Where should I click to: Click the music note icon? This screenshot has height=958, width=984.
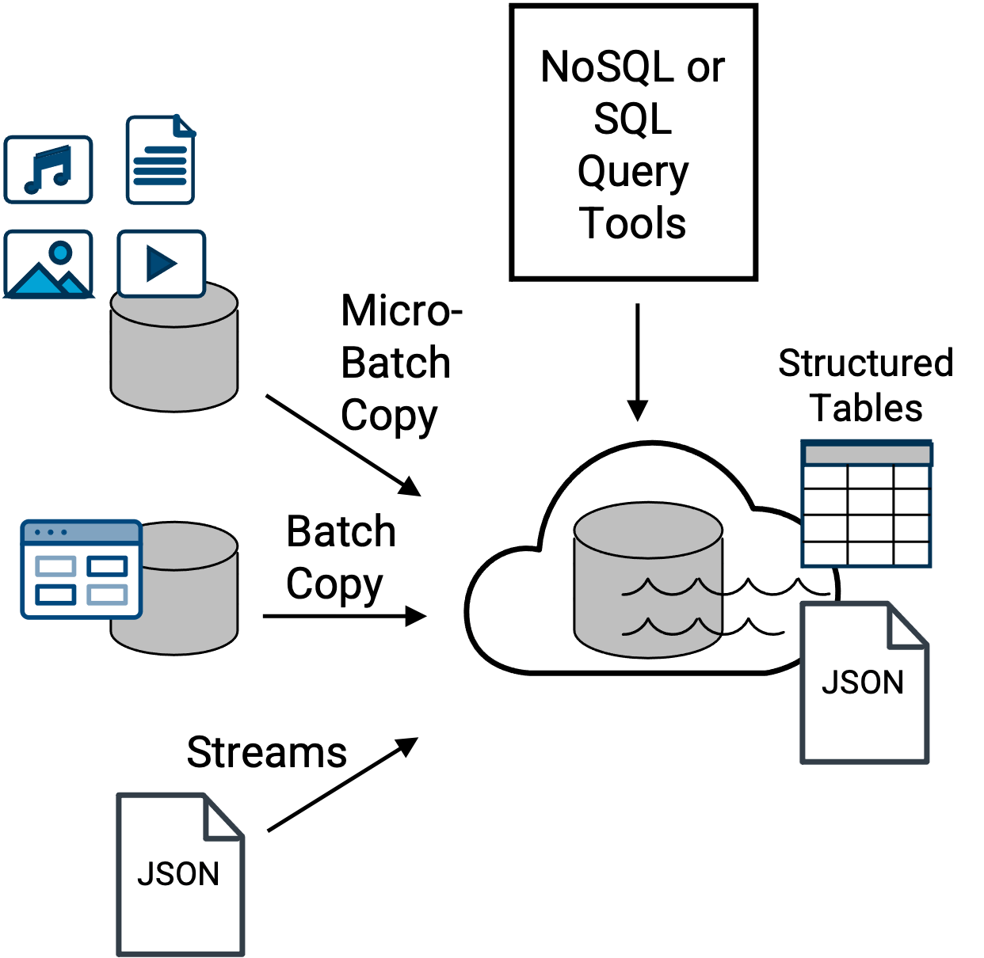(48, 169)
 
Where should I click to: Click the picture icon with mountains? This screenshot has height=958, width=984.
(48, 264)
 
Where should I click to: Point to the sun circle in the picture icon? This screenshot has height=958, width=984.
(61, 253)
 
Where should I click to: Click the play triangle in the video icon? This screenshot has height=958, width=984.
(162, 264)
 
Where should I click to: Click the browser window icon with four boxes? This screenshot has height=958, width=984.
(81, 569)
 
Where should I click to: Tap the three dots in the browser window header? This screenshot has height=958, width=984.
(51, 532)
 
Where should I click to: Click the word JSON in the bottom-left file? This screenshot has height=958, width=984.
(178, 874)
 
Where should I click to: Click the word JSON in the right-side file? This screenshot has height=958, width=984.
(863, 682)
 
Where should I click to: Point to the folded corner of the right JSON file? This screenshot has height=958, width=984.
(908, 625)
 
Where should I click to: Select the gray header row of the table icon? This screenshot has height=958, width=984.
(867, 454)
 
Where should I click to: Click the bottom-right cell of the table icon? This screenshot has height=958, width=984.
(911, 553)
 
